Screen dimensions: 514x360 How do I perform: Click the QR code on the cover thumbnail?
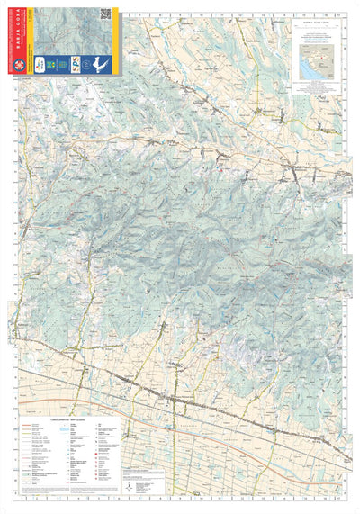(x=105, y=14)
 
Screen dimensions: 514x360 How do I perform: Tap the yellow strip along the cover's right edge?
(x=115, y=41)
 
